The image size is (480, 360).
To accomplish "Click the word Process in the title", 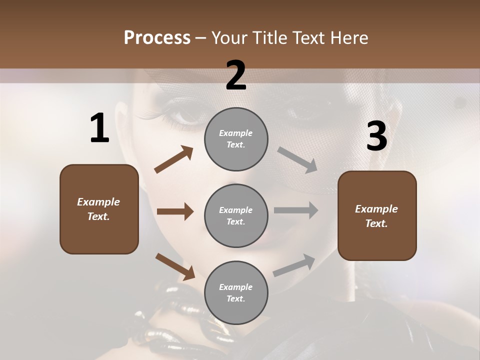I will [157, 38].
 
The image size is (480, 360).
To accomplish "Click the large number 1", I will [99, 128].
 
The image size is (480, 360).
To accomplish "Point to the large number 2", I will [236, 75].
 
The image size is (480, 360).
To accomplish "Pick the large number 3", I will [376, 136].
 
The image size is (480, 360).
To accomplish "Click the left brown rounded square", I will [99, 209].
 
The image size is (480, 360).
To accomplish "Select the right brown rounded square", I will [377, 215].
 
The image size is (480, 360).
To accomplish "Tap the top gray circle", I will [236, 139].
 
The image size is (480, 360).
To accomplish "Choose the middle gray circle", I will [236, 215].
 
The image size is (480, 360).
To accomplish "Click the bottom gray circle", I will [236, 292].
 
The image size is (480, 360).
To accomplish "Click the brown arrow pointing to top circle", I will [173, 159].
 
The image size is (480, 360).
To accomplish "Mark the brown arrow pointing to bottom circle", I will [175, 266].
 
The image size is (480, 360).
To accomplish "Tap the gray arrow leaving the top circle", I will [297, 159].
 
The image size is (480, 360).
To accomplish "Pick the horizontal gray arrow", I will [295, 210].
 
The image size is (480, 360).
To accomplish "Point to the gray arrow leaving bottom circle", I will [294, 265].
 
